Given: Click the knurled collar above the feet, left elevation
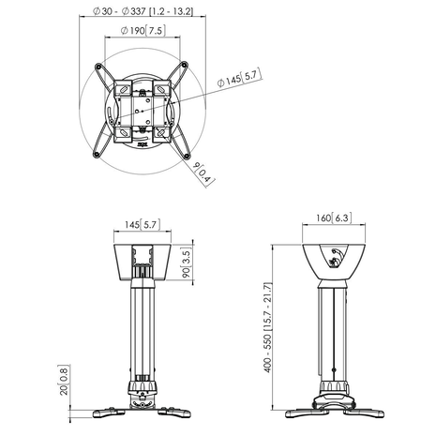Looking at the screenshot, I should (143, 385).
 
